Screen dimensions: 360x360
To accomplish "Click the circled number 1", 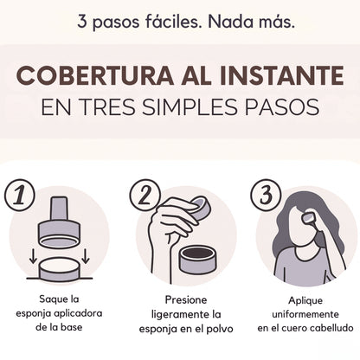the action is (20, 196).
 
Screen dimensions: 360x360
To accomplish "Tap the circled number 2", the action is (145, 195).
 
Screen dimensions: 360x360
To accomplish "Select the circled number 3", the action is (266, 195).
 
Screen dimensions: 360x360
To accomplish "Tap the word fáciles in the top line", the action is (174, 22).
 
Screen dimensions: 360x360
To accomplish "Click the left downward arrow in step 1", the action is (33, 256).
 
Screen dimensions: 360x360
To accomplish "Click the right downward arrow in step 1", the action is (86, 256).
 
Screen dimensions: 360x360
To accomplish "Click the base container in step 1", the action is (59, 270).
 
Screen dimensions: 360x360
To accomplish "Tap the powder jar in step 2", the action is (197, 260).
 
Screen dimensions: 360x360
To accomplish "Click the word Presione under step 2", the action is (186, 299).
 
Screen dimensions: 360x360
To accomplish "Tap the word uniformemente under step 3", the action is (305, 314).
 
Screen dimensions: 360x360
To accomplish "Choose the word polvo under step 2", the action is (220, 329).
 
